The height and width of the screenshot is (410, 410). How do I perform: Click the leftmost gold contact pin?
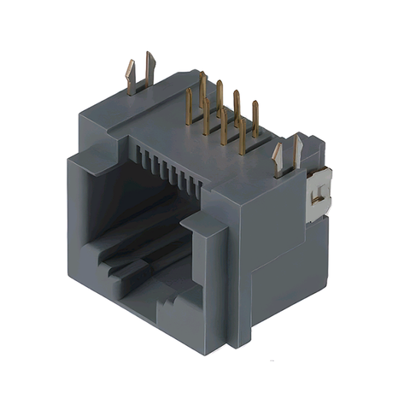(x=189, y=108)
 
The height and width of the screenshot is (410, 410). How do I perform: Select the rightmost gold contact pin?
(x=255, y=120)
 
